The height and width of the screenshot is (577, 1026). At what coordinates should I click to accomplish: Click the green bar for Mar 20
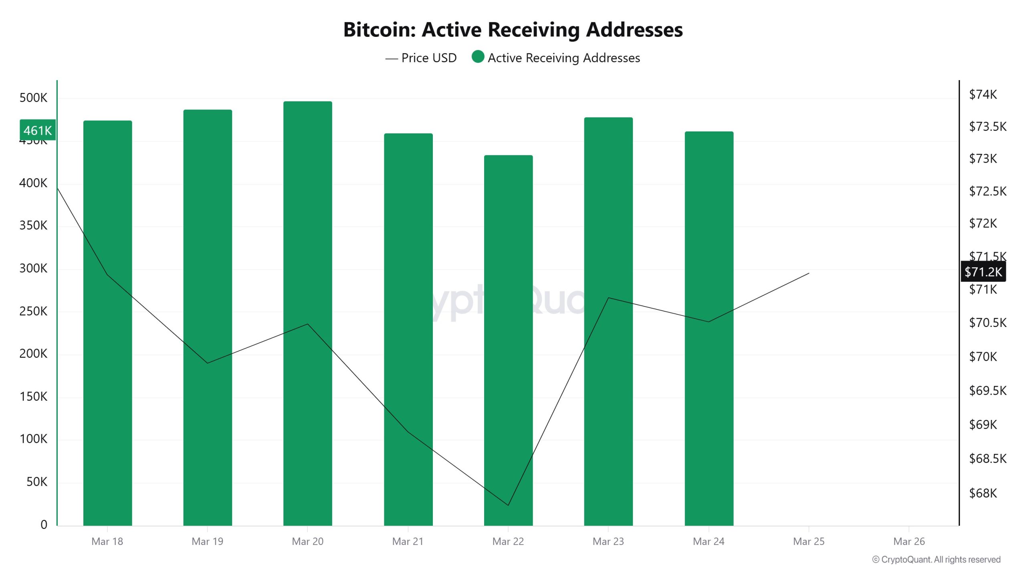pyautogui.click(x=307, y=313)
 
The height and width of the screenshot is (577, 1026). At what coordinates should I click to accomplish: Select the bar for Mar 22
pyautogui.click(x=508, y=341)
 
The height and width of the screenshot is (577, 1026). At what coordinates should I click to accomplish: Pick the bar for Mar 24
pyautogui.click(x=709, y=329)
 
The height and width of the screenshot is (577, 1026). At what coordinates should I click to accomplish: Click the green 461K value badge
pyautogui.click(x=38, y=130)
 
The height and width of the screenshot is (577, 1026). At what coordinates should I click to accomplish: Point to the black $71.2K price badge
pyautogui.click(x=983, y=272)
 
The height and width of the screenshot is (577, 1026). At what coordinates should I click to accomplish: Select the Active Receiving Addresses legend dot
pyautogui.click(x=478, y=57)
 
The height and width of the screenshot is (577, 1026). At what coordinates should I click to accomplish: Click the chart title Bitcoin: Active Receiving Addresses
pyautogui.click(x=513, y=30)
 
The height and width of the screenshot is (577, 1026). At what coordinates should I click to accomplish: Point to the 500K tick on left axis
pyautogui.click(x=33, y=98)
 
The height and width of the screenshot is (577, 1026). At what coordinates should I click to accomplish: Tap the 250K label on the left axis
pyautogui.click(x=33, y=311)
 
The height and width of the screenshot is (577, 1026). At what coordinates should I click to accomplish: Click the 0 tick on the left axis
pyautogui.click(x=44, y=525)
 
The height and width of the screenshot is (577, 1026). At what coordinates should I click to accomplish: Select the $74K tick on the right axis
pyautogui.click(x=983, y=95)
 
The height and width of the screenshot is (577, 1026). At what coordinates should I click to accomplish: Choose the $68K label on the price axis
pyautogui.click(x=983, y=493)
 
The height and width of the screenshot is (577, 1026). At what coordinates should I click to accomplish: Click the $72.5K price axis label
pyautogui.click(x=988, y=191)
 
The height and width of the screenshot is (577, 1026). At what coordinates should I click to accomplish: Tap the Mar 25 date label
pyautogui.click(x=808, y=542)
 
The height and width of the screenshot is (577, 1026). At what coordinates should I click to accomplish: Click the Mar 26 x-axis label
pyautogui.click(x=909, y=542)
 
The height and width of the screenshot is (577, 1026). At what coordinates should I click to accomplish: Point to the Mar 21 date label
pyautogui.click(x=408, y=542)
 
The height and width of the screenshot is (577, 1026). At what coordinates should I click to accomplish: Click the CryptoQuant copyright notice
pyautogui.click(x=936, y=560)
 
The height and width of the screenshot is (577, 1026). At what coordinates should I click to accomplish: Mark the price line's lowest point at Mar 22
pyautogui.click(x=508, y=505)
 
